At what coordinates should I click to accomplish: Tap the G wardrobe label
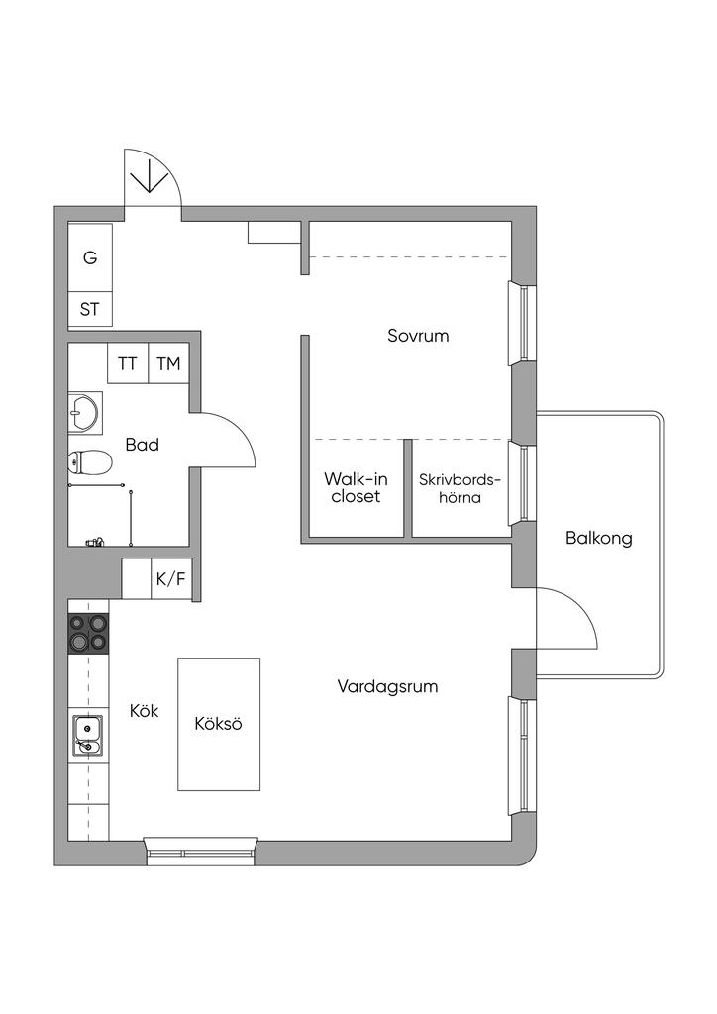(x=90, y=258)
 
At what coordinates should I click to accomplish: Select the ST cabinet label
(x=90, y=309)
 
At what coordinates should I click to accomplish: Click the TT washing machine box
(x=128, y=363)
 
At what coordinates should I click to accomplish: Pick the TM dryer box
(x=168, y=363)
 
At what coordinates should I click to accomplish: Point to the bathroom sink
(x=84, y=411)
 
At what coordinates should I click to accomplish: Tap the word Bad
(x=143, y=445)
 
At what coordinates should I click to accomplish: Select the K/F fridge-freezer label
(x=169, y=579)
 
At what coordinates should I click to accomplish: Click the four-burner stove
(x=88, y=632)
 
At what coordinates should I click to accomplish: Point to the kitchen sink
(x=87, y=735)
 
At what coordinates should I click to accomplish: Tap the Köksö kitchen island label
(x=219, y=724)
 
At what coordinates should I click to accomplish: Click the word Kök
(x=145, y=710)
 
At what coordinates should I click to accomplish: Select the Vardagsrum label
(x=387, y=686)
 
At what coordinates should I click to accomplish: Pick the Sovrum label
(x=418, y=336)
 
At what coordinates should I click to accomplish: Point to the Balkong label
(x=599, y=539)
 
